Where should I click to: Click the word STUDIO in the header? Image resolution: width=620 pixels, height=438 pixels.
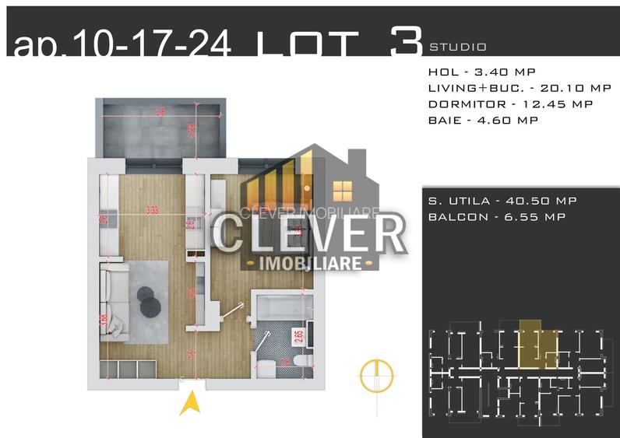[457, 47]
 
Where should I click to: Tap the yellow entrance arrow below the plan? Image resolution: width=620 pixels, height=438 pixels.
[188, 403]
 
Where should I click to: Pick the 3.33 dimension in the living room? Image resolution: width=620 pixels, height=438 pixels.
[153, 208]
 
